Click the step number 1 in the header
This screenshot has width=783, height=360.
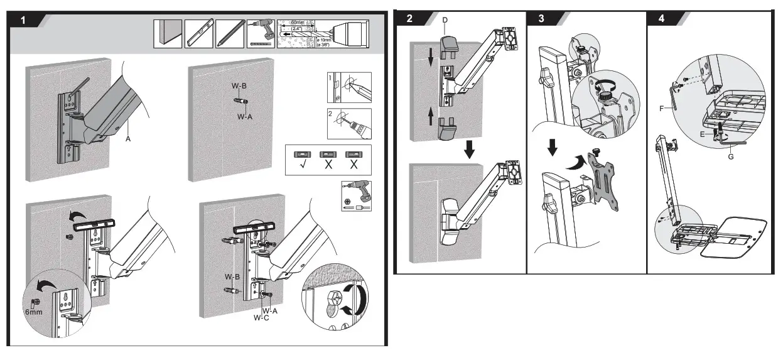[x=24, y=20]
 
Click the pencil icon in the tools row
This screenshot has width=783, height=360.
[x=225, y=34]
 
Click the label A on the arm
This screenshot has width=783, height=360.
[x=128, y=139]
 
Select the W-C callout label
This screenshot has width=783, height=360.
[x=262, y=317]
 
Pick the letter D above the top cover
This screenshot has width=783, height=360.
[x=445, y=21]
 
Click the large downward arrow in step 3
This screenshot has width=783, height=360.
[x=553, y=147]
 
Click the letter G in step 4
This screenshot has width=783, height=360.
[x=731, y=156]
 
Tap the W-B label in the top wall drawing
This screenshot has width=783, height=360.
[x=238, y=86]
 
